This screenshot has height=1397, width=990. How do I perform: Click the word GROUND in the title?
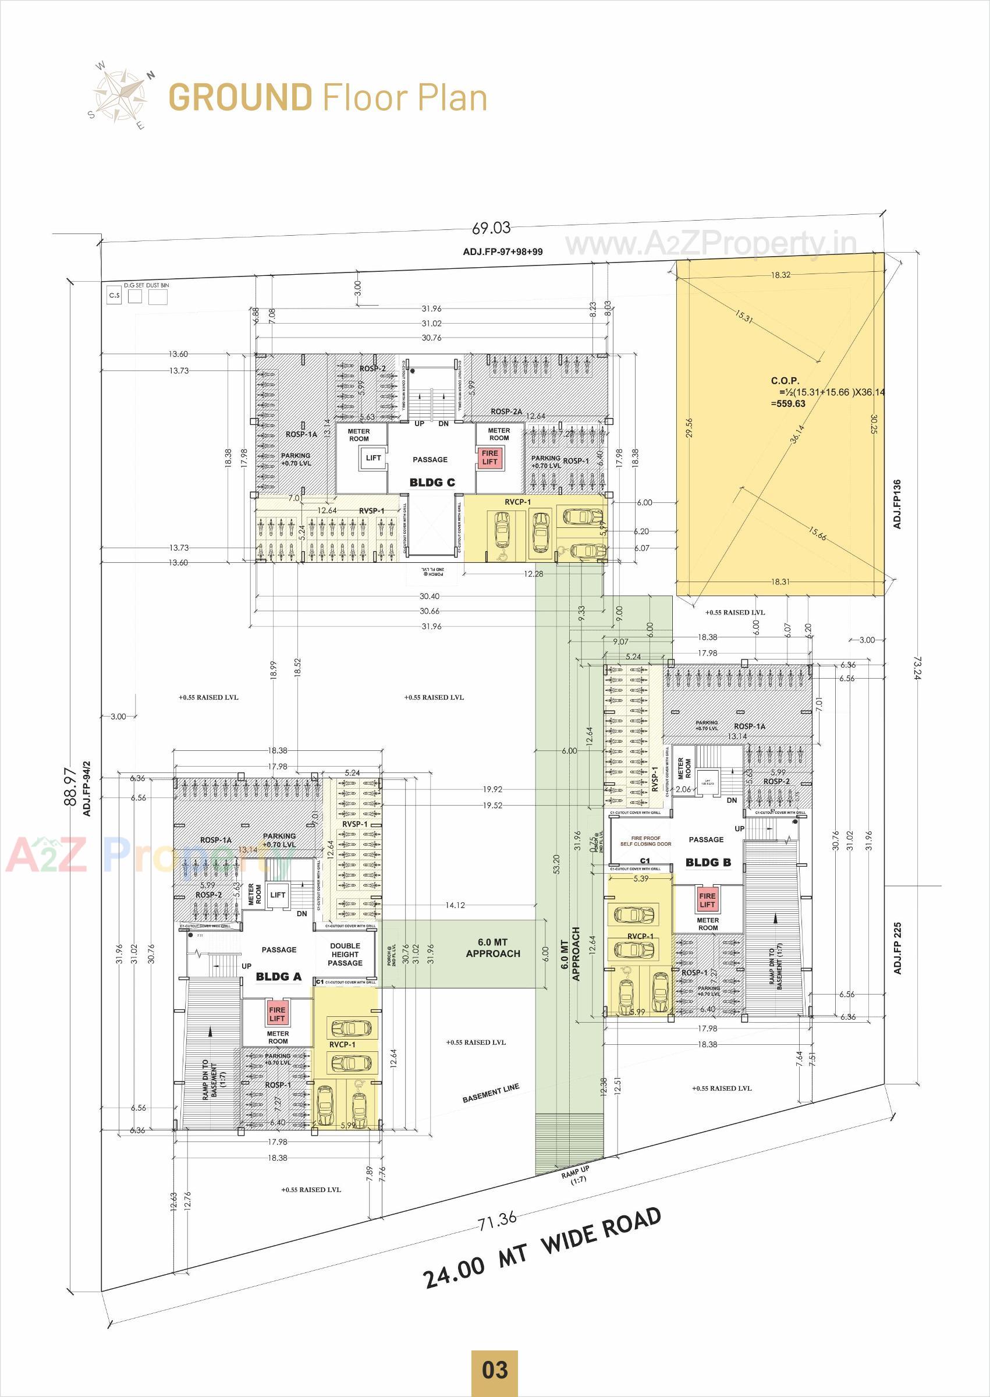tap(240, 98)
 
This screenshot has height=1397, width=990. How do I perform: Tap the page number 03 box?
tap(494, 1370)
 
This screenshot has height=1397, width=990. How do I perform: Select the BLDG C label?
tap(432, 482)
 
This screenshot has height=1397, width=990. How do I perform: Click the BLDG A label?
tap(278, 976)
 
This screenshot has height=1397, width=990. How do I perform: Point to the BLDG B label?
tap(708, 862)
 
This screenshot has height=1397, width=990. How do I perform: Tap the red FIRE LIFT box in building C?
tap(489, 457)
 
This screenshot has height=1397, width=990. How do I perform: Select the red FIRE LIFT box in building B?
tap(707, 900)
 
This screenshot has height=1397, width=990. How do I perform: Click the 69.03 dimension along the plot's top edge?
tap(491, 228)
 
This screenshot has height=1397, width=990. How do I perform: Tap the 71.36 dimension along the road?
tap(498, 1220)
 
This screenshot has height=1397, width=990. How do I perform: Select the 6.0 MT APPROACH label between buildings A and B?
tap(492, 948)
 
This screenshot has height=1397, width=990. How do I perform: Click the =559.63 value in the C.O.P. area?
tap(787, 403)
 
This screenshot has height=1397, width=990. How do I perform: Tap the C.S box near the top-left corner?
tap(115, 296)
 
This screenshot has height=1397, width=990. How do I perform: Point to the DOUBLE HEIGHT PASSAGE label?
tap(345, 955)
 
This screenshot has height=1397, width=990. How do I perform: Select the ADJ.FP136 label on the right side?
tap(897, 504)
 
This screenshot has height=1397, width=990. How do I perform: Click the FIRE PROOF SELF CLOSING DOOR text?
tap(645, 841)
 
